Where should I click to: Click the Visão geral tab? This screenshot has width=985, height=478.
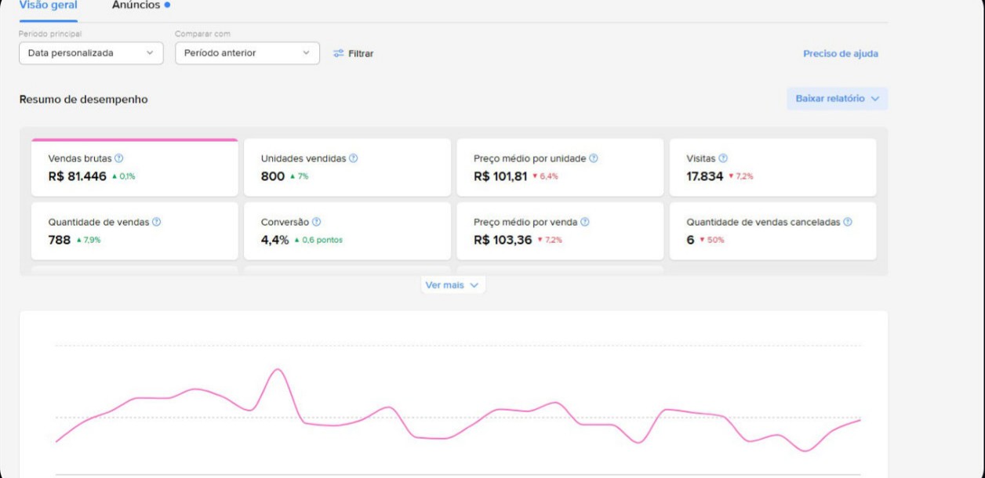(x=49, y=5)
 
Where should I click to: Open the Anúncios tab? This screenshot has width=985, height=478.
(x=136, y=5)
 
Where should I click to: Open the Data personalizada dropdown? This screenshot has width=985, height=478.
(x=91, y=53)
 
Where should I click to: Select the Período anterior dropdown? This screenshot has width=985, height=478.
(x=247, y=53)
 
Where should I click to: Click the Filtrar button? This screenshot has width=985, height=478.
(x=353, y=53)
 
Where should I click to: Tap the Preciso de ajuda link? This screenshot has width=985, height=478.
(x=841, y=53)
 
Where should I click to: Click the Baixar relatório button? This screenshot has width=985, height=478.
(x=838, y=99)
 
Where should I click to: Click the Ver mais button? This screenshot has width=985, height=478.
(x=453, y=285)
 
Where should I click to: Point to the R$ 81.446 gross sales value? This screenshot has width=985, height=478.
(x=78, y=176)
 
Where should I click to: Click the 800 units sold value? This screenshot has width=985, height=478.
(x=273, y=176)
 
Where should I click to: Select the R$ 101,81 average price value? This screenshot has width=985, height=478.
(x=500, y=176)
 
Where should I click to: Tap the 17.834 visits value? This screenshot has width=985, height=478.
(x=704, y=176)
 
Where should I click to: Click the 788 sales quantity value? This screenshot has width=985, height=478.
(x=60, y=240)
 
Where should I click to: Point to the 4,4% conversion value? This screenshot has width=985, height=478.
(x=274, y=240)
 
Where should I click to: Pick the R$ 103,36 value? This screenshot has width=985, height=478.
(x=503, y=240)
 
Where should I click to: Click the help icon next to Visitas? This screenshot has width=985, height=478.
(x=723, y=158)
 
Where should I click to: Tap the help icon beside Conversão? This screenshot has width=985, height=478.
(x=316, y=222)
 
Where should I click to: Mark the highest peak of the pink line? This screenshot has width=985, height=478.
(x=278, y=369)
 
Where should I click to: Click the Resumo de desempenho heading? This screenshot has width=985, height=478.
(x=84, y=100)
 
